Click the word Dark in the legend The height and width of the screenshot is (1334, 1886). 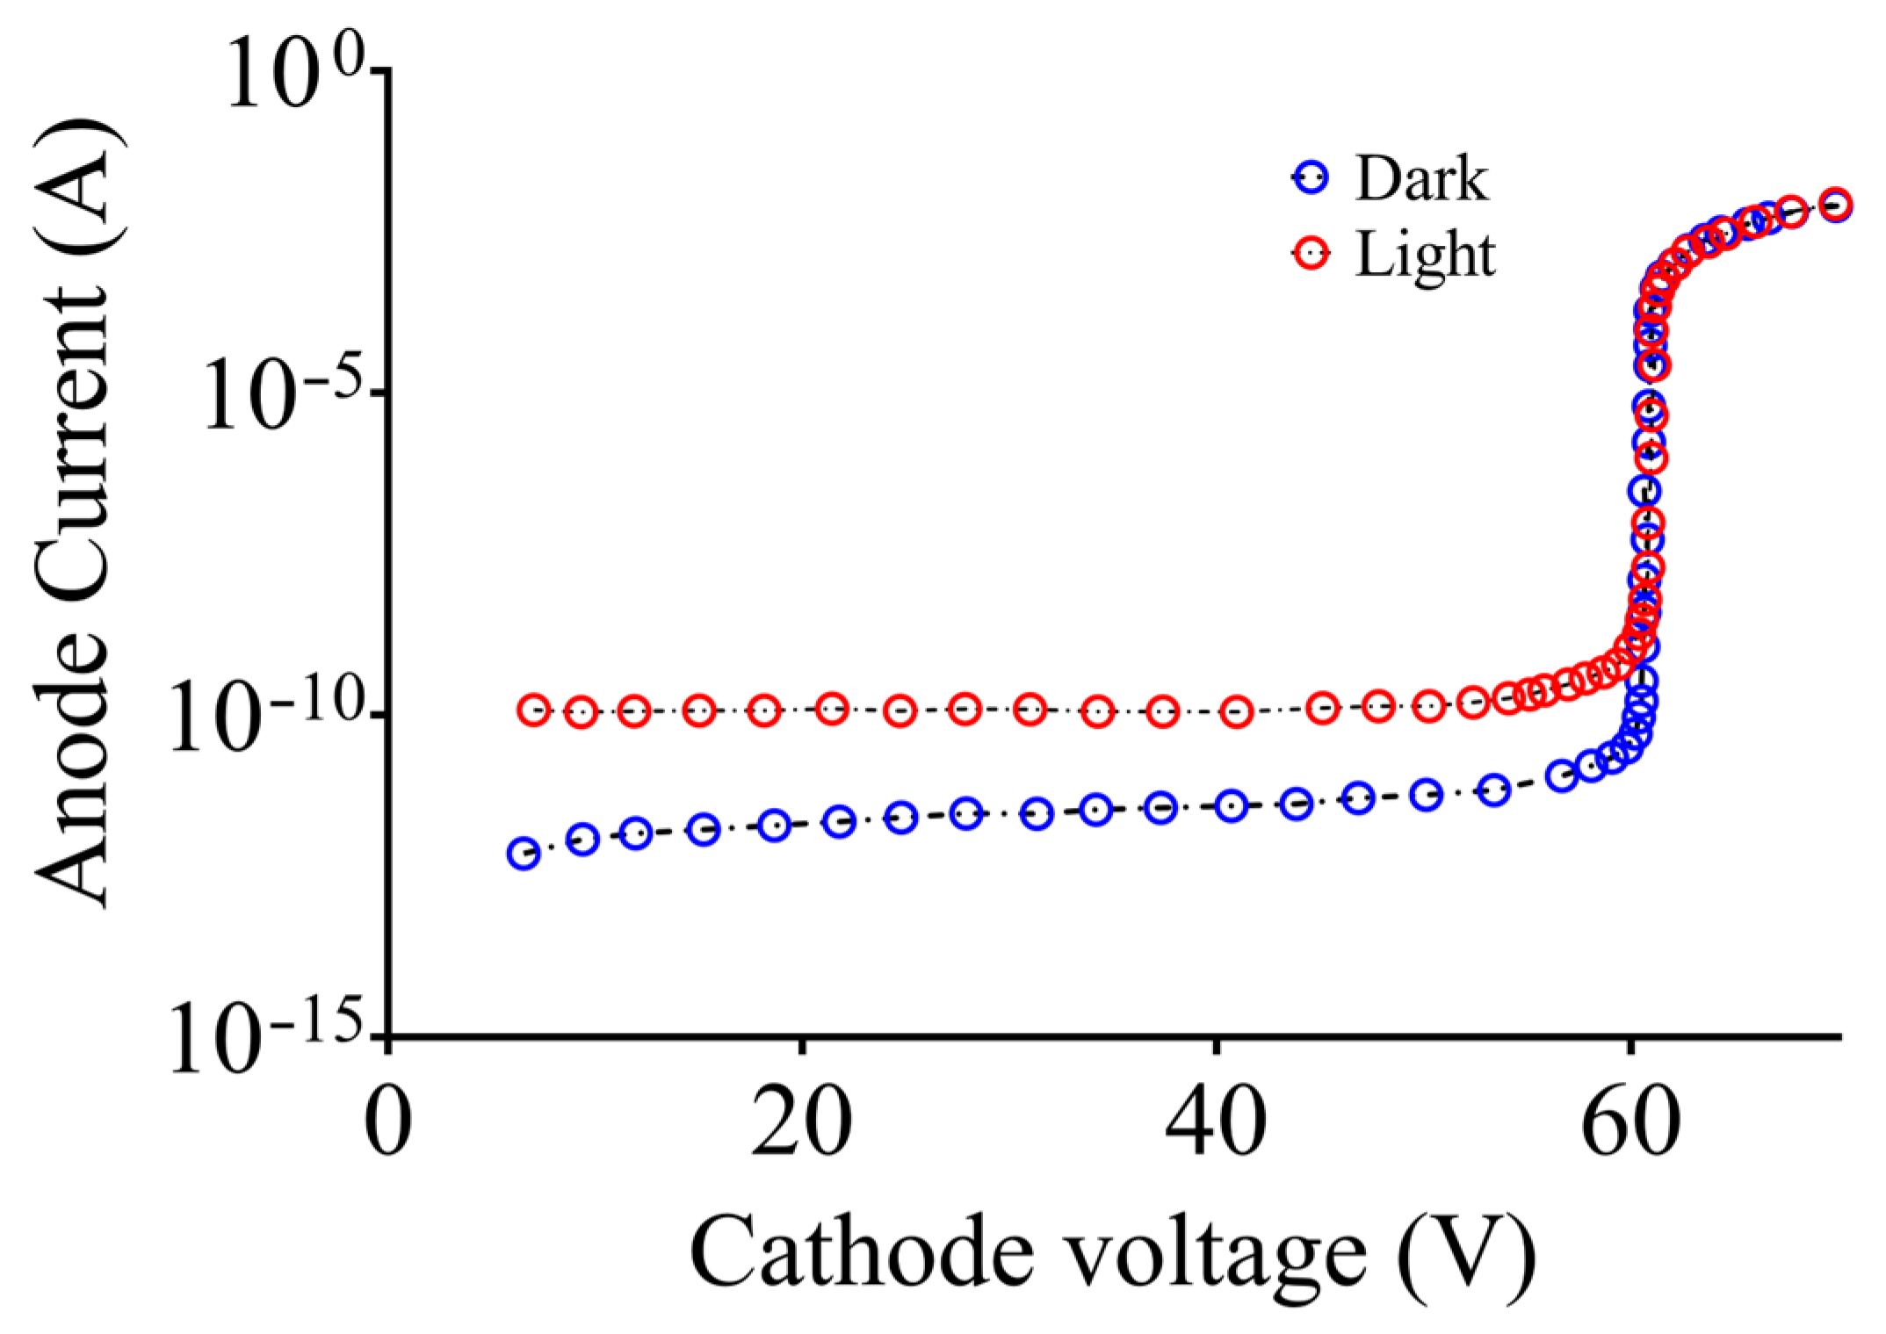point(1420,179)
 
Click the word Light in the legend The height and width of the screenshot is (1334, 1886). point(1424,256)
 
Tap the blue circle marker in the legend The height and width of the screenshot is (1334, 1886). point(1312,177)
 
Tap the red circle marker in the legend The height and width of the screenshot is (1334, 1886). point(1312,253)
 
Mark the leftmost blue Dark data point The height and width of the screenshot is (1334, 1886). point(524,853)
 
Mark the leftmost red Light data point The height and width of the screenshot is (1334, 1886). point(533,710)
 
